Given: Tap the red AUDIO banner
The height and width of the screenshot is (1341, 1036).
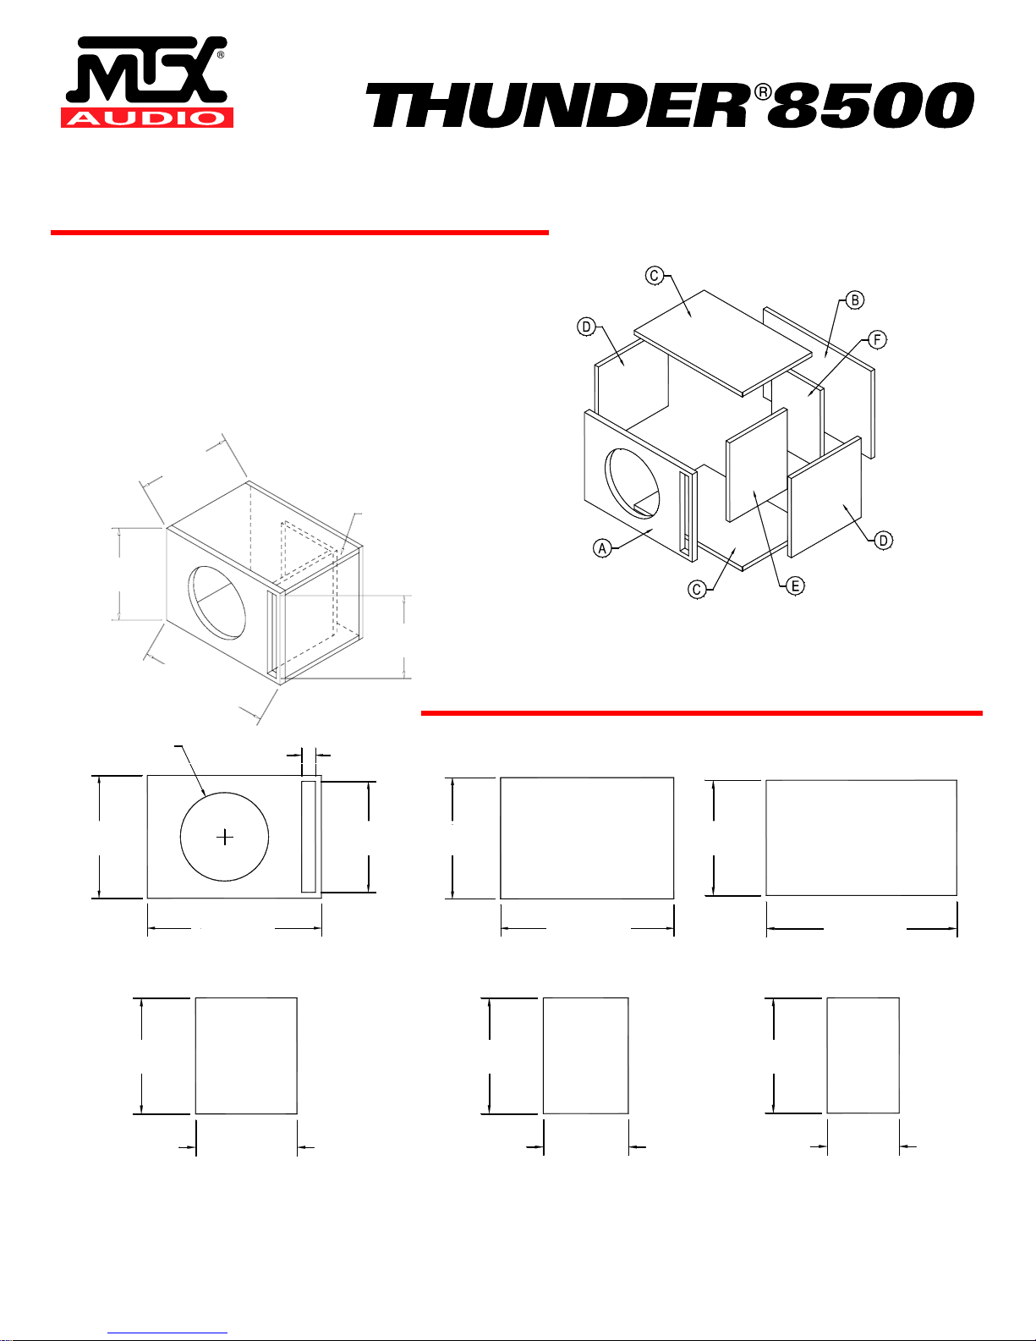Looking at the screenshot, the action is click(x=147, y=118).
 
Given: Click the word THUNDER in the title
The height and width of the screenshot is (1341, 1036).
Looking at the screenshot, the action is click(x=559, y=106).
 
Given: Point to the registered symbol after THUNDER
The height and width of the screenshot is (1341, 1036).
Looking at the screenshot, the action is click(x=763, y=92).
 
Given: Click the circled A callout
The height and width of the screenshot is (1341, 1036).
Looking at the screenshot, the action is click(x=602, y=547).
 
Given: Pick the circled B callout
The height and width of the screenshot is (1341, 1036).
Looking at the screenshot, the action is click(x=855, y=300).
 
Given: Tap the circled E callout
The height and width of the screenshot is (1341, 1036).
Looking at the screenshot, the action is click(x=795, y=585).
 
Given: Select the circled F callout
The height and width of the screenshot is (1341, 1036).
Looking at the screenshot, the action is click(x=877, y=339).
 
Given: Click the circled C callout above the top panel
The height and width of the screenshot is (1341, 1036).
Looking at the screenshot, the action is click(x=655, y=275).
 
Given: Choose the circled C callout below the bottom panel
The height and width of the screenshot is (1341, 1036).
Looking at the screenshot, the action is click(x=697, y=590).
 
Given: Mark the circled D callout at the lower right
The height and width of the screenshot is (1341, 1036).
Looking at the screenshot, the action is click(x=883, y=541).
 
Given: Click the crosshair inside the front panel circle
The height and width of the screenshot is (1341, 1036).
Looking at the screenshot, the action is click(x=225, y=837).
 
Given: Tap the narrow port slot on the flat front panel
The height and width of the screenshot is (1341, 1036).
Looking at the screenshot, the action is click(x=309, y=836).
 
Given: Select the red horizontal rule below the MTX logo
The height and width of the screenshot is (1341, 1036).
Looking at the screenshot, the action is click(x=299, y=233).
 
